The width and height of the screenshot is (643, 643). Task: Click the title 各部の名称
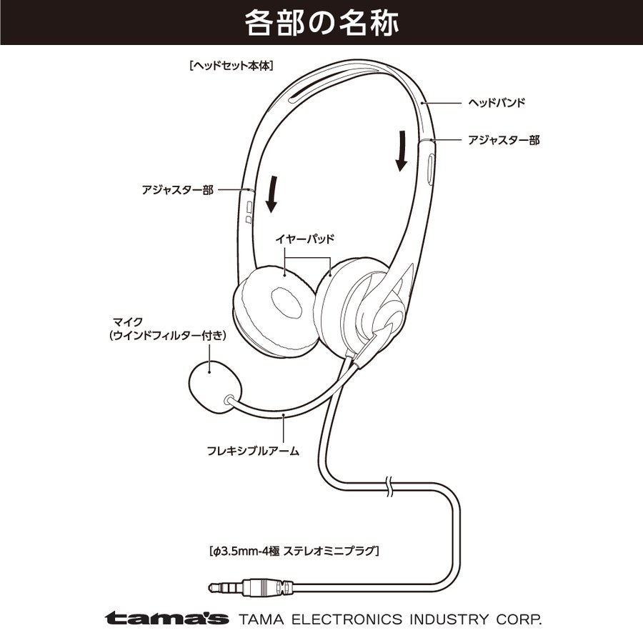coord(321,23)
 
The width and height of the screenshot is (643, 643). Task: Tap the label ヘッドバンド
coord(497,102)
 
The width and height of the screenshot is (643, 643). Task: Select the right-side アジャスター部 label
coord(504,140)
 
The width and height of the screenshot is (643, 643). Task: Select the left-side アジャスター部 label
coord(178,190)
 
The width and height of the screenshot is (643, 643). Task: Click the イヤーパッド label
coord(305,239)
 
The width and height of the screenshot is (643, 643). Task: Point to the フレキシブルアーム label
coord(253,451)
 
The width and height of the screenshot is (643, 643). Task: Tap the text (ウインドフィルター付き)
coord(168,336)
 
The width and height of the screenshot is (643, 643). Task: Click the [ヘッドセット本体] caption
coord(231,66)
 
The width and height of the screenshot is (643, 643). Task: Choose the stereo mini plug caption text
coord(294,551)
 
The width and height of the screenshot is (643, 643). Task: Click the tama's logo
coord(166,618)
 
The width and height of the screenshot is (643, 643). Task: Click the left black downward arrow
coord(272,194)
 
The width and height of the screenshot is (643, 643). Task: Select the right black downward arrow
coord(402,151)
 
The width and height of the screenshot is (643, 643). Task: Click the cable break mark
coord(389,487)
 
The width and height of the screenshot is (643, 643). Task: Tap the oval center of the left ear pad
coord(287,302)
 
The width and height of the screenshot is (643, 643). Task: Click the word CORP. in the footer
coord(519,619)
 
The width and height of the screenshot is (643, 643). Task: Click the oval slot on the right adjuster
coord(430,170)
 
